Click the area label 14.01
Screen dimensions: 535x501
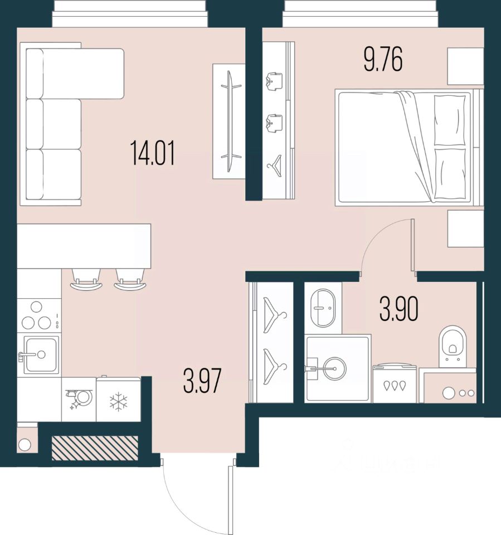coord(153,153)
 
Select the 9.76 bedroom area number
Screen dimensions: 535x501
coord(383,60)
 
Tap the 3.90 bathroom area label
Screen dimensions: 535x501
coord(398,310)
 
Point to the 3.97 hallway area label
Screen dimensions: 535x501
coord(203,382)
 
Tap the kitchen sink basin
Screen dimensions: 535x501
coord(39,354)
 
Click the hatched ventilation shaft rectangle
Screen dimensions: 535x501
coord(94,448)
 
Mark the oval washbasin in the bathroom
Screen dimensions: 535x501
coord(323,307)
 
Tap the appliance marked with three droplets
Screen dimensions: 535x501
coord(394,384)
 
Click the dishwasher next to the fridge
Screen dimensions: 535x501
coord(79,399)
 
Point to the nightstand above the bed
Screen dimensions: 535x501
coord(465,66)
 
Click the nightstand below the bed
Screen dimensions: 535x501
coord(465,228)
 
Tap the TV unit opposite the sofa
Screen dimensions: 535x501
coord(228,121)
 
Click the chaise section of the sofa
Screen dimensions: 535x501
coord(84,74)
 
